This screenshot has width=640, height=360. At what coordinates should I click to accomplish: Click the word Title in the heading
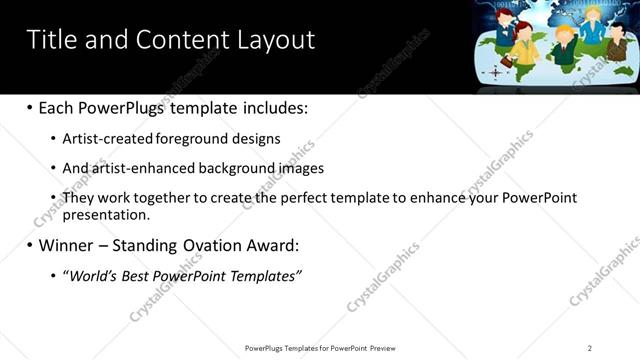pos(50,40)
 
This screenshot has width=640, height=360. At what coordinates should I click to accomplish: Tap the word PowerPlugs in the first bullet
pos(121,108)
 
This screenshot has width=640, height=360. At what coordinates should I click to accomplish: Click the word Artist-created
pos(107,139)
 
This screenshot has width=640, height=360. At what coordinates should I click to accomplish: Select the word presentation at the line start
pos(106,214)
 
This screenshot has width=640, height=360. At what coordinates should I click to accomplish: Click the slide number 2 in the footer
pos(589,348)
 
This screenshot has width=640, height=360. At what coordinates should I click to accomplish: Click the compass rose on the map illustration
pos(495,73)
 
